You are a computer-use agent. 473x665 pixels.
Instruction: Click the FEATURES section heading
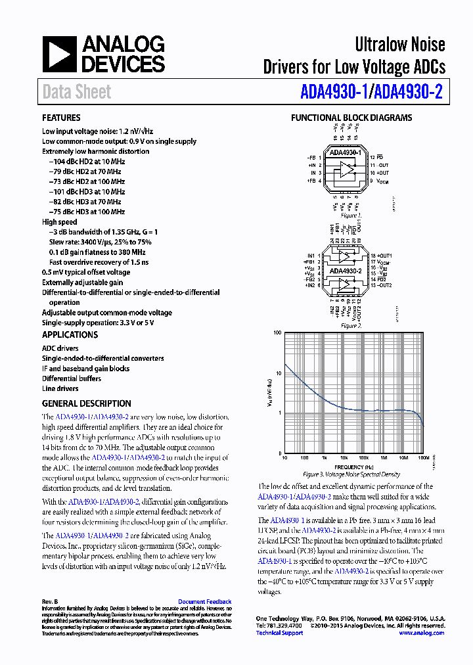[61, 118]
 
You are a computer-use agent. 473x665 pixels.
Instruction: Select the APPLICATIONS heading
[70, 334]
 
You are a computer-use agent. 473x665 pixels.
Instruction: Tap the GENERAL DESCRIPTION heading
[86, 403]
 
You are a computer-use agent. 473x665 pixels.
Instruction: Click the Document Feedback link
[205, 601]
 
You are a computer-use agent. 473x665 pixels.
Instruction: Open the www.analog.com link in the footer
[421, 633]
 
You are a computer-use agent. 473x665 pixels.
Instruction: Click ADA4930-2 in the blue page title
[408, 92]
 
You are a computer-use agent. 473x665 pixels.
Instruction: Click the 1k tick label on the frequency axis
[324, 458]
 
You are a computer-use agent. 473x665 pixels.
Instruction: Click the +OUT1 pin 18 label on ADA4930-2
[381, 255]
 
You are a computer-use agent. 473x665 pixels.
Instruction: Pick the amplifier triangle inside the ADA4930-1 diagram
[344, 172]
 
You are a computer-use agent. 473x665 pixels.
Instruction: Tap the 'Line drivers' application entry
[60, 388]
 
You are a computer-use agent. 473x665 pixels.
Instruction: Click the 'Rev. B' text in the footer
[50, 601]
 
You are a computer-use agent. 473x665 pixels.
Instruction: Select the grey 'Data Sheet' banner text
[77, 92]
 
